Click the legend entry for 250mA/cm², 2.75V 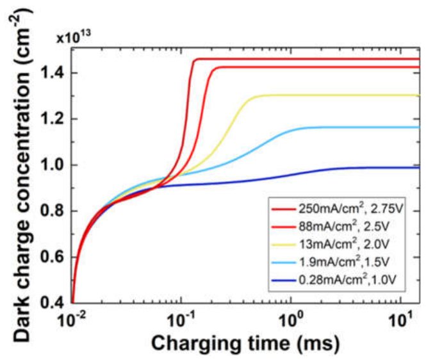click(337, 209)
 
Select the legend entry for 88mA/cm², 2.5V click(331, 227)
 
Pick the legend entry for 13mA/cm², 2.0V click(331, 244)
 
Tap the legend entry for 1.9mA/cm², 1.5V click(331, 262)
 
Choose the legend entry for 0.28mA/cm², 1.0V click(334, 280)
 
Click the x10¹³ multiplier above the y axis click(74, 38)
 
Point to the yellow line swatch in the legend click(284, 245)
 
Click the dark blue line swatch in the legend click(284, 280)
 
